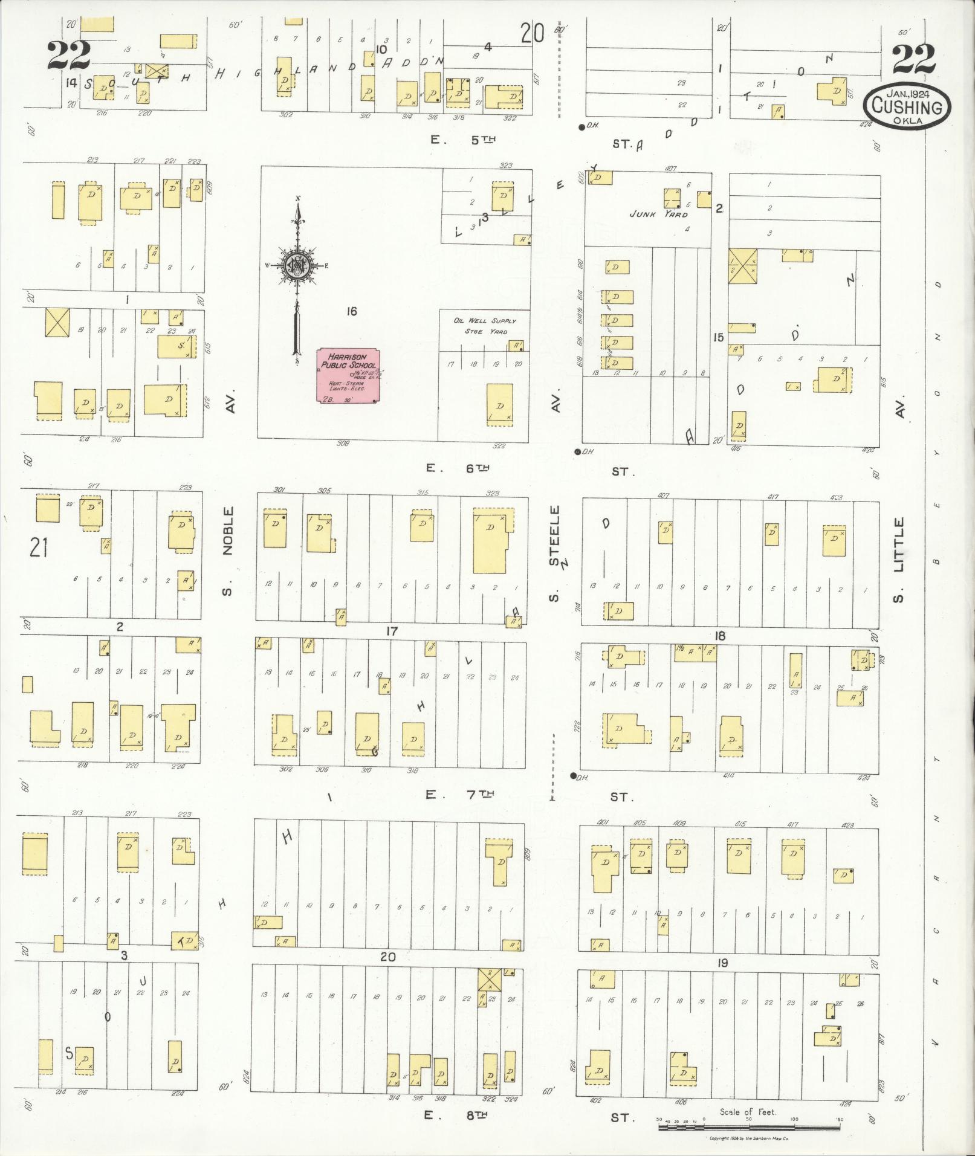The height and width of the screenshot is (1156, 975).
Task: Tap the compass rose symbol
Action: tap(297, 265)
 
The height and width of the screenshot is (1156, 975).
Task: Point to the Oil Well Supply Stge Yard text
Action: tap(485, 326)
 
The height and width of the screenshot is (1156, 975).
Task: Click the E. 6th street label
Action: tap(457, 468)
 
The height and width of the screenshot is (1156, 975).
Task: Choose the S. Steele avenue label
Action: tap(555, 553)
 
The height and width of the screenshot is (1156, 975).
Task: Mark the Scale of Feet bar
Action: tap(750, 1121)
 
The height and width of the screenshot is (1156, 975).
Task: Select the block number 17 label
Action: tap(392, 631)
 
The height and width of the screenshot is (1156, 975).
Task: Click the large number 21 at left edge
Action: tap(38, 548)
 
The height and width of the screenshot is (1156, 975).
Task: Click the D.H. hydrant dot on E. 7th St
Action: tap(573, 775)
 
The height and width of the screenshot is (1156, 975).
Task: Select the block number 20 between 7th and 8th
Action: tap(387, 957)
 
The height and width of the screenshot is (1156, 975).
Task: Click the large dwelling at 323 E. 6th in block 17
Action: tap(490, 540)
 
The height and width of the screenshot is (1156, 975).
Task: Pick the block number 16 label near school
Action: tap(351, 311)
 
